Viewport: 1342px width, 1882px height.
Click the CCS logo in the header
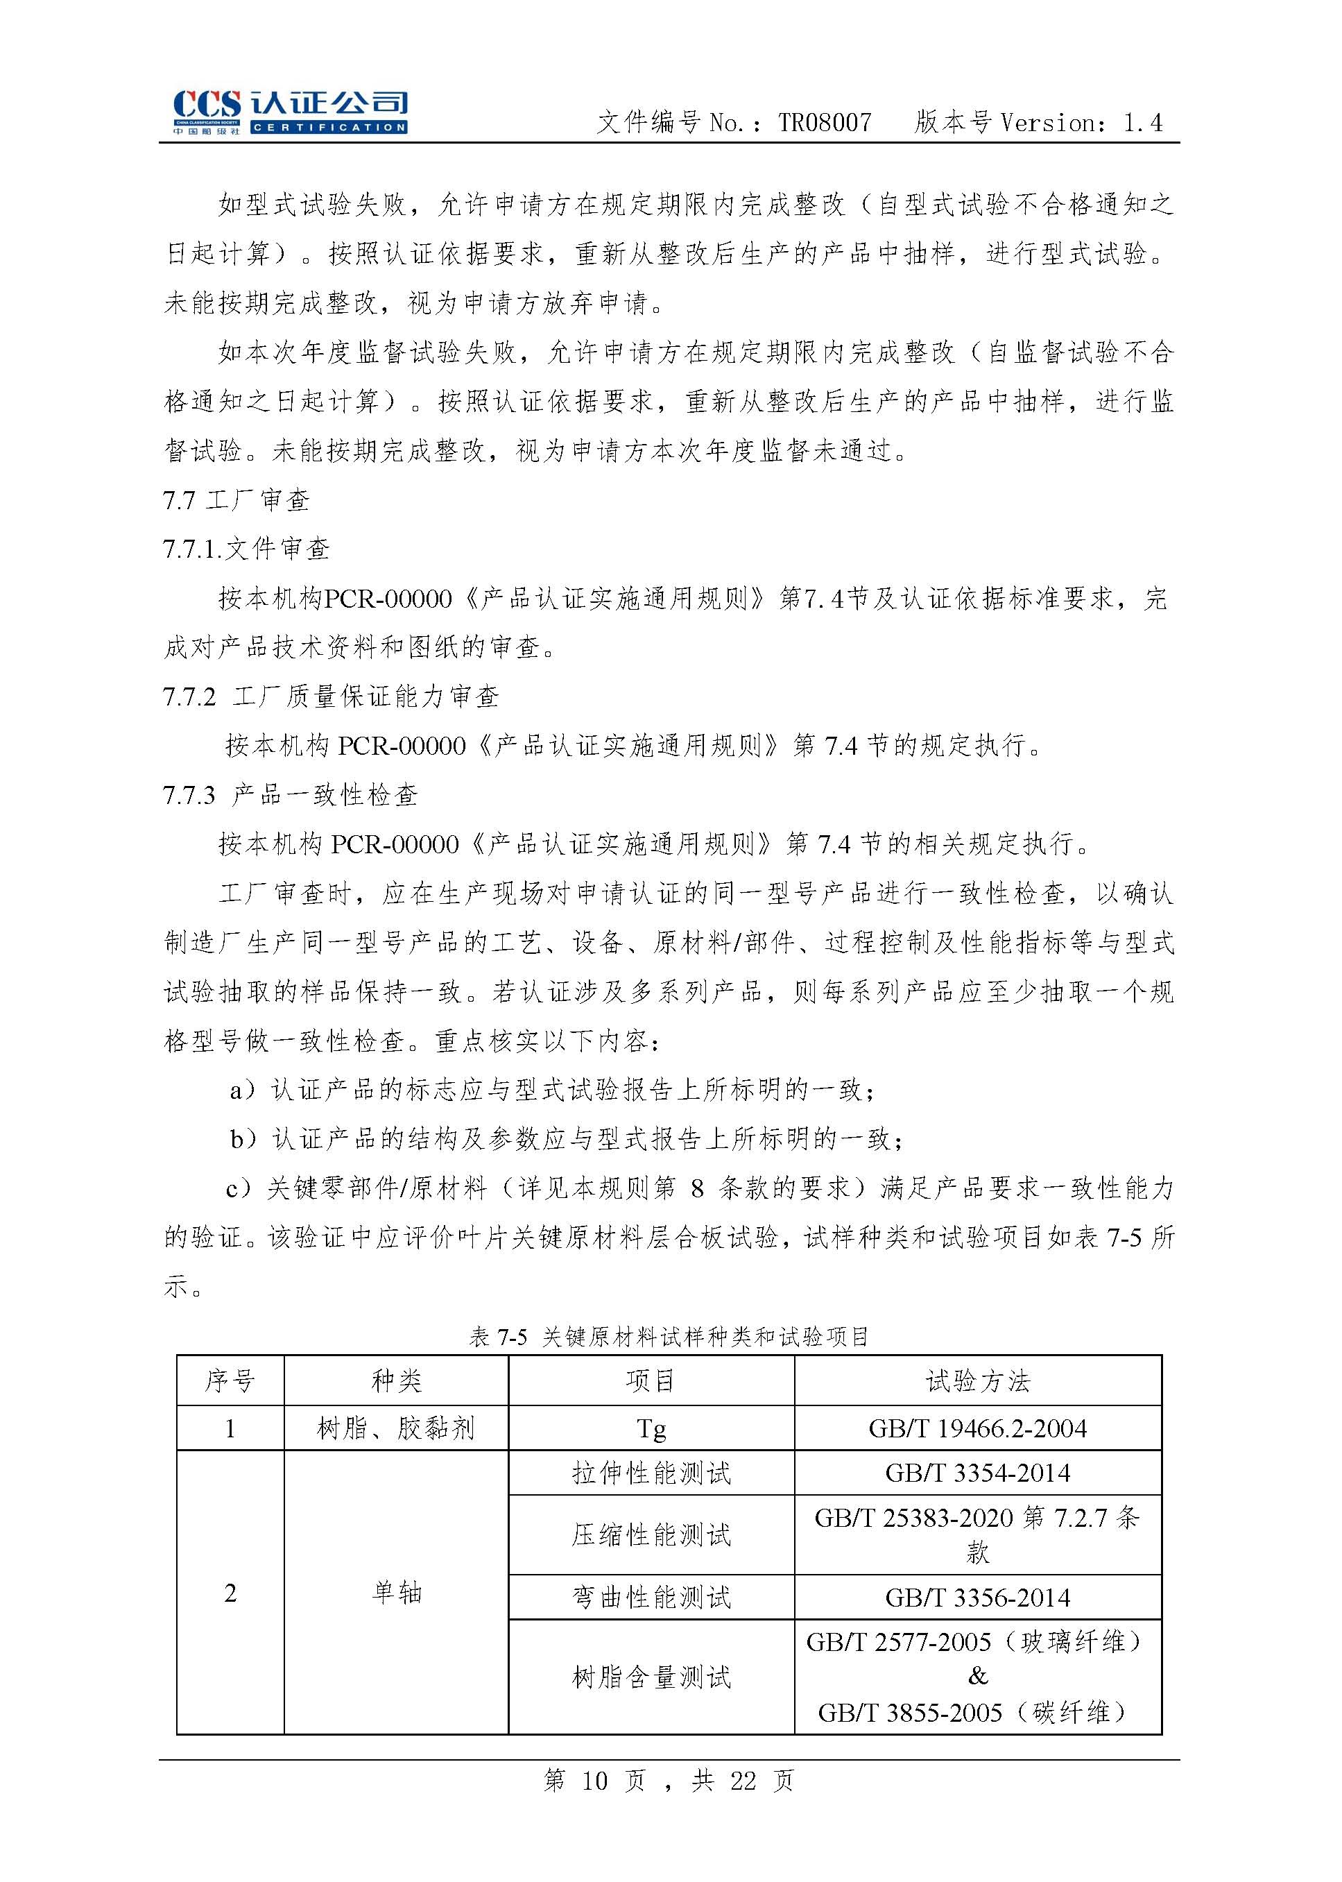[x=289, y=111]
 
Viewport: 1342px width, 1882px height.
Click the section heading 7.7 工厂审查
[x=236, y=500]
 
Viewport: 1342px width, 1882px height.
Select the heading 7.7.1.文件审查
[x=246, y=549]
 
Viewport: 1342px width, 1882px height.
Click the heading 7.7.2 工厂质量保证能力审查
[x=331, y=696]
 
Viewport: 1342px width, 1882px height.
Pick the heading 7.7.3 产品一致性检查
[x=290, y=795]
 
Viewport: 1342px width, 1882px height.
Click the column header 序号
[x=230, y=1380]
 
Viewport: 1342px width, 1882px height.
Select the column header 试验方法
[x=978, y=1380]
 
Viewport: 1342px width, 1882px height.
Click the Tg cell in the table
[x=651, y=1429]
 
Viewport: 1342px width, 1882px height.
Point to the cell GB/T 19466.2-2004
[x=978, y=1428]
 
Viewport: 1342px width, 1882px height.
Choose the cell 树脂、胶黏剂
[x=396, y=1428]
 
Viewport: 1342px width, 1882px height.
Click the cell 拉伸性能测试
[x=651, y=1473]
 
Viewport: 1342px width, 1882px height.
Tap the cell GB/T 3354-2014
[x=978, y=1473]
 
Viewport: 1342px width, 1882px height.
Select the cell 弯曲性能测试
[x=651, y=1598]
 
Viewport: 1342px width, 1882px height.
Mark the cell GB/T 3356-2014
[x=978, y=1598]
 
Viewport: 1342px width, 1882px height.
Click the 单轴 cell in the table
[x=396, y=1592]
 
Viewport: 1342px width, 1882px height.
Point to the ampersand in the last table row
[x=978, y=1676]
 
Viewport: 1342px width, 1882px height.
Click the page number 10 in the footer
[x=594, y=1780]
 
